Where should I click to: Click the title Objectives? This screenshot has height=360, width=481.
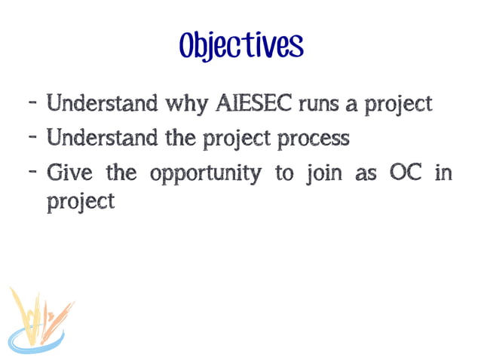[x=240, y=45]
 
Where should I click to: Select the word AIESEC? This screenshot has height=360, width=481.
[x=253, y=103]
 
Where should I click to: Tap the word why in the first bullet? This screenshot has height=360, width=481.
[x=182, y=104]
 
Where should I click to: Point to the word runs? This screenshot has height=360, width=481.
[x=319, y=104]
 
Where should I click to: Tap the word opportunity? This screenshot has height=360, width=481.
[x=205, y=175]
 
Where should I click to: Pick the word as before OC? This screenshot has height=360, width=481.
[x=366, y=174]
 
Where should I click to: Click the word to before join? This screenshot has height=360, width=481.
[x=284, y=173]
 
